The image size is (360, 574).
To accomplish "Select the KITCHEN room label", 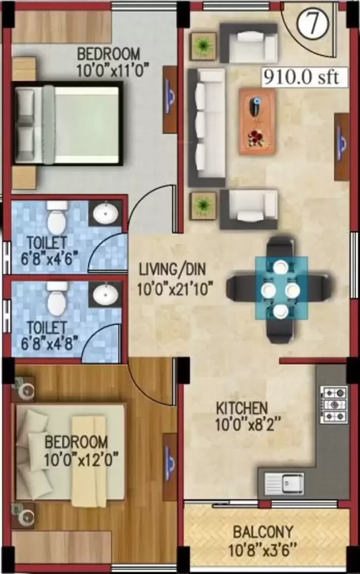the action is [x=242, y=408].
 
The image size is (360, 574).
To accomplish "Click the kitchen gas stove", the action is [x=333, y=404].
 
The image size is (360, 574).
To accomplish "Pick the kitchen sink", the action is [x=284, y=482].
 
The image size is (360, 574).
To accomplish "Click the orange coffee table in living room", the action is [x=257, y=121].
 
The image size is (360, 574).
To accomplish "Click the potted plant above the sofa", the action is [x=202, y=46].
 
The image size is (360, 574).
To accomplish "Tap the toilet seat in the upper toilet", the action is [x=57, y=218].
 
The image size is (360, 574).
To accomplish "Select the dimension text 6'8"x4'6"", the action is [x=49, y=259].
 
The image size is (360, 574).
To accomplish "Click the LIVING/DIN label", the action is [x=172, y=269].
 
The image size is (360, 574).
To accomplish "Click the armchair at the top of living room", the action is [x=249, y=43].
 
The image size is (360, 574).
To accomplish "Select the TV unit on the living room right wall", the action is [x=342, y=146].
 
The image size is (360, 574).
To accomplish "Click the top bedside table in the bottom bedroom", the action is [x=24, y=389].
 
